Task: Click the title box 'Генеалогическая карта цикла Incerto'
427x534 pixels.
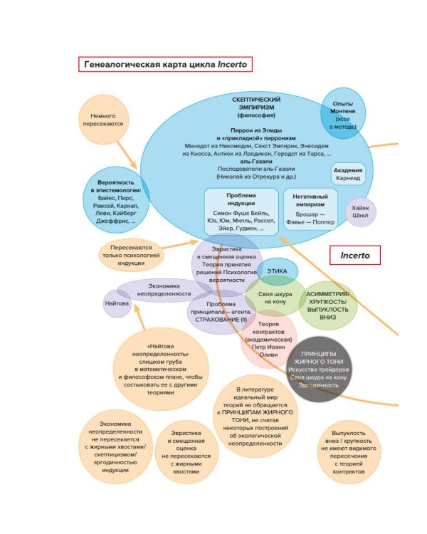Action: [x=166, y=64]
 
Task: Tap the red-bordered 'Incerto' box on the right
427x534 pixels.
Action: [x=354, y=255]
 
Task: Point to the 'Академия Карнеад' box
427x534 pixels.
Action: [x=349, y=174]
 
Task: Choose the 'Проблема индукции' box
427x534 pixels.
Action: [x=240, y=212]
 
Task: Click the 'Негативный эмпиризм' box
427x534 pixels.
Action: [x=310, y=209]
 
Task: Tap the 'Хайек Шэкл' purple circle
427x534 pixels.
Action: [x=360, y=212]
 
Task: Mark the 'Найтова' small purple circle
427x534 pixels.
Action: [x=117, y=303]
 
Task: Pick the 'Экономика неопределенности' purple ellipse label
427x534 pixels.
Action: [x=164, y=289]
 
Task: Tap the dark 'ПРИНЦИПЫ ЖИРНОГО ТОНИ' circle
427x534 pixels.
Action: [x=318, y=369]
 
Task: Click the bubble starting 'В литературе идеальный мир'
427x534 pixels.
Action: [x=255, y=416]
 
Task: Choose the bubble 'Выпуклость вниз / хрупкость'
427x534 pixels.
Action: [x=348, y=451]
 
